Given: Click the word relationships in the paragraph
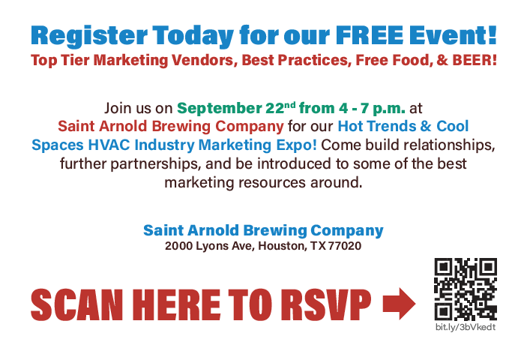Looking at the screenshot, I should pos(447,143).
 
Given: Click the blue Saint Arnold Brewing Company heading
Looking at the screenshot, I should pos(263,230).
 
